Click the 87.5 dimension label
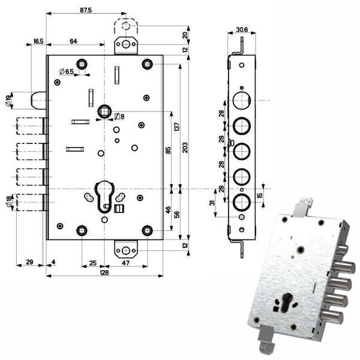click(86, 10)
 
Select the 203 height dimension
click(185, 148)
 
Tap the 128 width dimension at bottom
click(104, 272)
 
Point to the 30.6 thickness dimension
click(242, 29)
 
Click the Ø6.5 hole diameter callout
click(67, 71)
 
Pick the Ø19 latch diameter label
click(8, 101)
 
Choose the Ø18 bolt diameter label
click(8, 202)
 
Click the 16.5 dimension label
click(38, 41)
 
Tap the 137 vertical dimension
click(177, 127)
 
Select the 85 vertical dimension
click(168, 151)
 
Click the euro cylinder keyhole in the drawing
click(104, 197)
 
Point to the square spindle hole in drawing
click(104, 112)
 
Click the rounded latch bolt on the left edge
click(38, 100)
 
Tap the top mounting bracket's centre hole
click(125, 44)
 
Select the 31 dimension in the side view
click(212, 203)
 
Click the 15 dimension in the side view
click(260, 196)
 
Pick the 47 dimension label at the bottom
click(125, 263)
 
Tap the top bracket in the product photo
click(302, 208)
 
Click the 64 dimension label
click(73, 41)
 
